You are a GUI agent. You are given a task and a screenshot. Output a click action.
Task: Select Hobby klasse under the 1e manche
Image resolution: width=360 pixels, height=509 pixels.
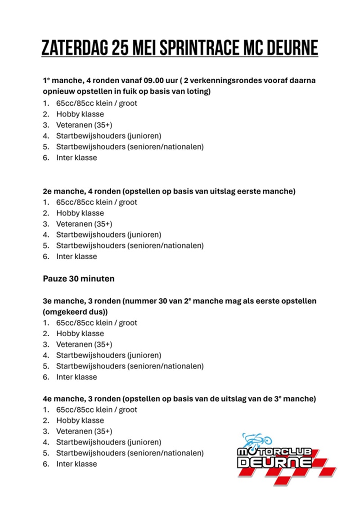80,114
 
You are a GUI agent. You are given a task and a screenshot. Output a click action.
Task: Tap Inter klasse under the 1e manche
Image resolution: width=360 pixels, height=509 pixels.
76,158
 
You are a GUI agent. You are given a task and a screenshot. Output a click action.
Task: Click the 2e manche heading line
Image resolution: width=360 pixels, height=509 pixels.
169,191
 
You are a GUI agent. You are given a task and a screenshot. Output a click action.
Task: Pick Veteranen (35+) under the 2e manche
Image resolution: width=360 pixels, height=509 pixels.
84,224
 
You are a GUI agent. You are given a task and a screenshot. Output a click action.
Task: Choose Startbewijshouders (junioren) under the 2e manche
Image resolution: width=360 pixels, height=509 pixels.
108,235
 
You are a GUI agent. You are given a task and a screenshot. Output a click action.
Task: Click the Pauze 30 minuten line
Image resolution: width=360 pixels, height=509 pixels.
78,279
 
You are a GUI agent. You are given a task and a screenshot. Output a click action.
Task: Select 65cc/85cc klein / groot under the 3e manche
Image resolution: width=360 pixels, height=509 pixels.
96,323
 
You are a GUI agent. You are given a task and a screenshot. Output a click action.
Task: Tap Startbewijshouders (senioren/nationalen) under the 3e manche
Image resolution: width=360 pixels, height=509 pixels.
130,366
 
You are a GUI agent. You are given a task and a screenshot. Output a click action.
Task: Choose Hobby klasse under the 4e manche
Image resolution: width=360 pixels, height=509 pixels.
80,420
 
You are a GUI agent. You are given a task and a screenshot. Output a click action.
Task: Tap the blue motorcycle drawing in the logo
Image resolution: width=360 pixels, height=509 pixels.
257,439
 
